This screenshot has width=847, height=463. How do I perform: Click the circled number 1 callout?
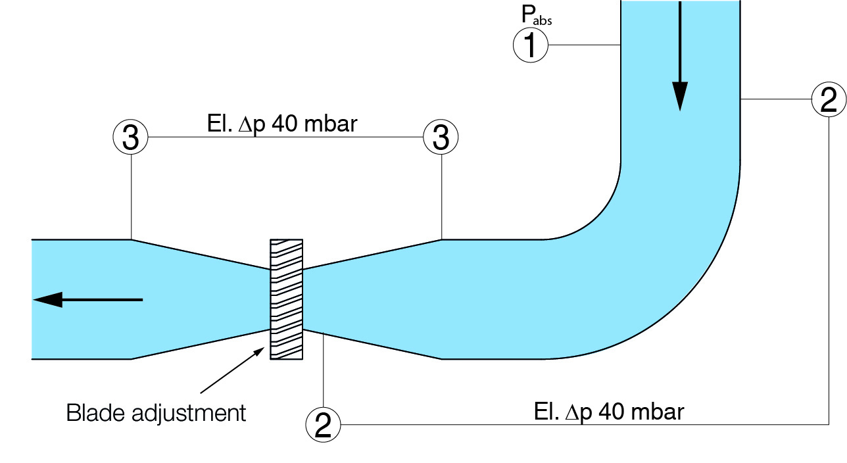pos(531,45)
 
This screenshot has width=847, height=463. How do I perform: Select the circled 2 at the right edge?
pos(828,100)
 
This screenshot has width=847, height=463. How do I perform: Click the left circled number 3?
pos(131,137)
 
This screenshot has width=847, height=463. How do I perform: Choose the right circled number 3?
pos(441,137)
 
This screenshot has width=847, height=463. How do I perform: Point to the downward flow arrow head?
pos(679,96)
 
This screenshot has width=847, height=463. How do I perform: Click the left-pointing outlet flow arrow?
pos(53,300)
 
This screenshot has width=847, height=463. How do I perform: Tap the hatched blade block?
pos(287,299)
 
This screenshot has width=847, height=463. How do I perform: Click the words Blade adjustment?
pos(156,413)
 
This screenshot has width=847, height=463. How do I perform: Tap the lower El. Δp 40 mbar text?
pos(608,412)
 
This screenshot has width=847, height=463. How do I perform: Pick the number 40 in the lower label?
pos(613,412)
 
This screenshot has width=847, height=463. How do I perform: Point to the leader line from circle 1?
pos(585,45)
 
